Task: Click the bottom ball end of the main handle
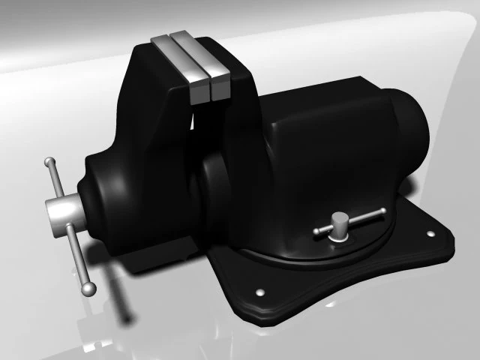click(x=88, y=287)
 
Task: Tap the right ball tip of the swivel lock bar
click(x=382, y=212)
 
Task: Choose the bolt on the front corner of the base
click(x=260, y=292)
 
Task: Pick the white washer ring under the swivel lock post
click(x=340, y=236)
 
